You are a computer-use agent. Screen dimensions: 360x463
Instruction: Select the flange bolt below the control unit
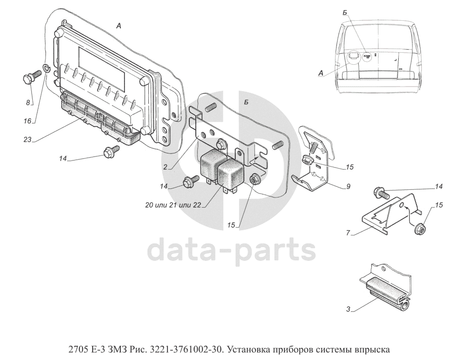click(x=110, y=150)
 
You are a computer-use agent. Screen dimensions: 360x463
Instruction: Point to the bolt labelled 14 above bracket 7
click(x=380, y=192)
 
